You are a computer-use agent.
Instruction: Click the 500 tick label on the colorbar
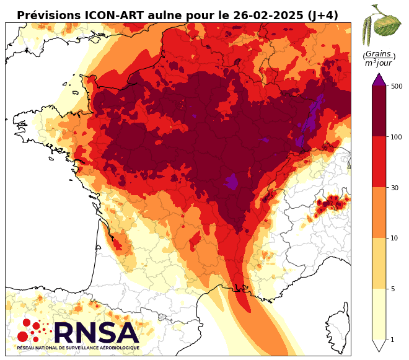[397, 86]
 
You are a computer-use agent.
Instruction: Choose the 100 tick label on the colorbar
[397, 136]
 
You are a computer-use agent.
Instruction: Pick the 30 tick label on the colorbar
[395, 187]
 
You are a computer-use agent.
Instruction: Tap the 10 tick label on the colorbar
[395, 238]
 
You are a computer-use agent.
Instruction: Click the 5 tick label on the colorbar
[393, 289]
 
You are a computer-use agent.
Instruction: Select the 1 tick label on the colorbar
[393, 340]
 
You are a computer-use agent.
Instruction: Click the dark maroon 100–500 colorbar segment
[379, 112]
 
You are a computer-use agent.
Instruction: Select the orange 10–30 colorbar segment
[379, 213]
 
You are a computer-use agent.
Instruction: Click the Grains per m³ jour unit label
[379, 58]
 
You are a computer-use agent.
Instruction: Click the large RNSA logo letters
[95, 333]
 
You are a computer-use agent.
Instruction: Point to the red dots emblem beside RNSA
[31, 330]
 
